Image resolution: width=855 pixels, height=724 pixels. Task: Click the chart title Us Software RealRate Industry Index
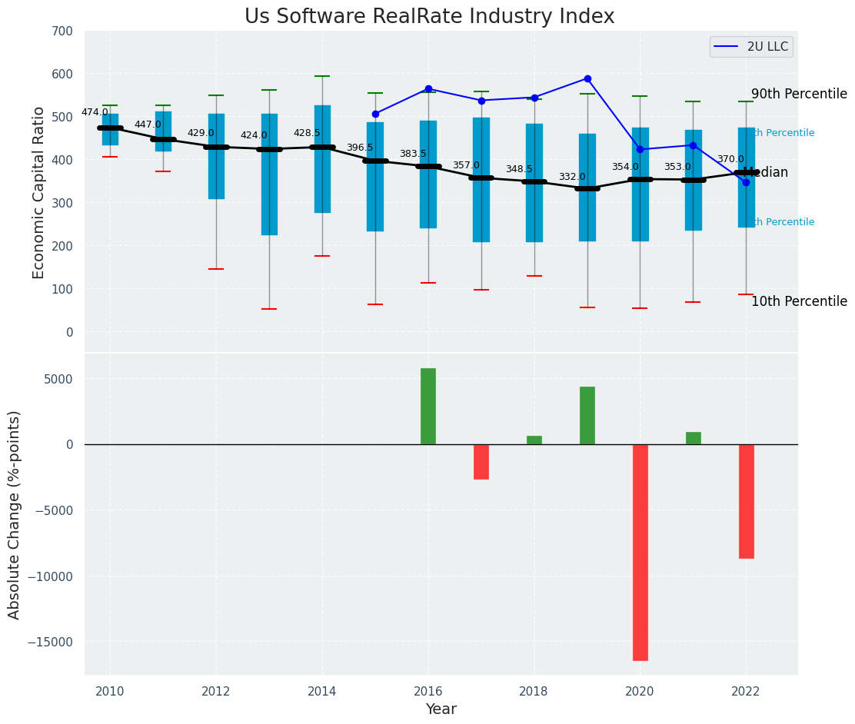(x=429, y=17)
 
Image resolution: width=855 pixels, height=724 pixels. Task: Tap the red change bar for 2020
(x=640, y=552)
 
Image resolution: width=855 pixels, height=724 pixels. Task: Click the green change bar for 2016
(x=428, y=406)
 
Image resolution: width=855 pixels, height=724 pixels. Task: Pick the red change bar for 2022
(x=746, y=501)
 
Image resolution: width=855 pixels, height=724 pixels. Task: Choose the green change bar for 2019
(x=587, y=415)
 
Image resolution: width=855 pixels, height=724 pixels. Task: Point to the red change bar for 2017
(x=481, y=461)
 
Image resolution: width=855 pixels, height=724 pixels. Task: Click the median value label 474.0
(x=95, y=113)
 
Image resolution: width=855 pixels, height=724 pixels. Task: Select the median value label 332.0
(x=572, y=178)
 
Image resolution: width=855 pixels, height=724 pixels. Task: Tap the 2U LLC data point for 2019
(x=587, y=78)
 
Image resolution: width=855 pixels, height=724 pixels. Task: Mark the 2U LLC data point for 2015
(x=375, y=114)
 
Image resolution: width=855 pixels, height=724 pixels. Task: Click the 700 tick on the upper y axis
(x=62, y=32)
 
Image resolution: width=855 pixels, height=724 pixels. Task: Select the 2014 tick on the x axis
(x=322, y=691)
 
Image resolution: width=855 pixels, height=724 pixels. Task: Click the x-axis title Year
(x=441, y=709)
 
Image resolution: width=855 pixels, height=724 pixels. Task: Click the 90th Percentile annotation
(x=799, y=95)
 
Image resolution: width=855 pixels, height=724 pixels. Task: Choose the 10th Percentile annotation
(x=799, y=302)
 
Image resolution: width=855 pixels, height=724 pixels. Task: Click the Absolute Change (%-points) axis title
(x=15, y=514)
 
